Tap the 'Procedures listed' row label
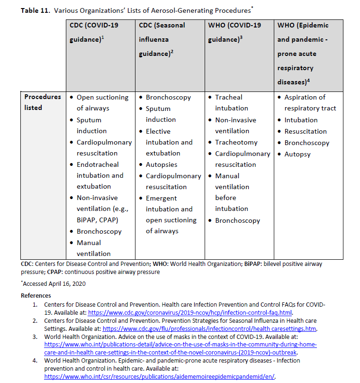point(43,102)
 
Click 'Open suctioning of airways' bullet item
point(102,103)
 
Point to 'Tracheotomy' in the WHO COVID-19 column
point(236,142)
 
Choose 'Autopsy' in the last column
point(297,154)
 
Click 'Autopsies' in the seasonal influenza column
point(162,164)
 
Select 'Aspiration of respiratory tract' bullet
point(310,103)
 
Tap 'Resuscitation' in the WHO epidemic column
point(306,131)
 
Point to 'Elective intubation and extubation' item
point(169,142)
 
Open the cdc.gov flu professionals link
point(209,328)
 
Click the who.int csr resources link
point(159,376)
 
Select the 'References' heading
point(36,295)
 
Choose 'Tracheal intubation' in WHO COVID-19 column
point(231,103)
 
